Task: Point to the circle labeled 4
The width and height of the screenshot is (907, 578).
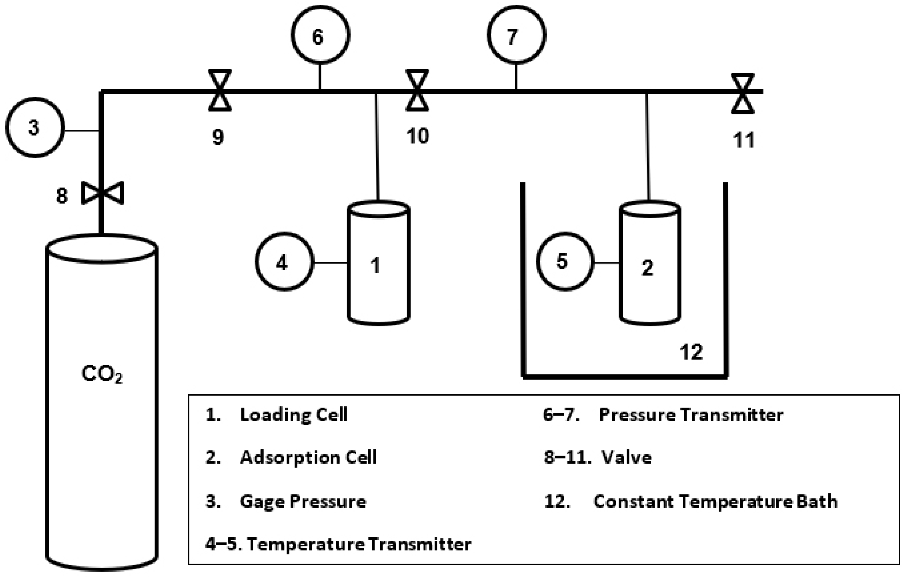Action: tap(284, 261)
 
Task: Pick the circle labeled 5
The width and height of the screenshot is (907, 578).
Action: tap(565, 261)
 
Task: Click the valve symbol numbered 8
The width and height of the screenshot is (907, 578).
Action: tap(103, 193)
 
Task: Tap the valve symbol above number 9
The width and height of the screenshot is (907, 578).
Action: tap(220, 90)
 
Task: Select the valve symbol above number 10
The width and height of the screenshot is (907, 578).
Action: tap(417, 90)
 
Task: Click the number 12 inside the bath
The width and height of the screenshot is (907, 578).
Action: tap(691, 352)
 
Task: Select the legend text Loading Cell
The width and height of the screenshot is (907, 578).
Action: tap(293, 415)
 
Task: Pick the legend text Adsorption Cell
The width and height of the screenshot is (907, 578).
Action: tap(308, 458)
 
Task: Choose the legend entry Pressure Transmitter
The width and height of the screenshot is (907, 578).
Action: tap(691, 415)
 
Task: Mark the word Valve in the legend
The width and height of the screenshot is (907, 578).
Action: tap(626, 458)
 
